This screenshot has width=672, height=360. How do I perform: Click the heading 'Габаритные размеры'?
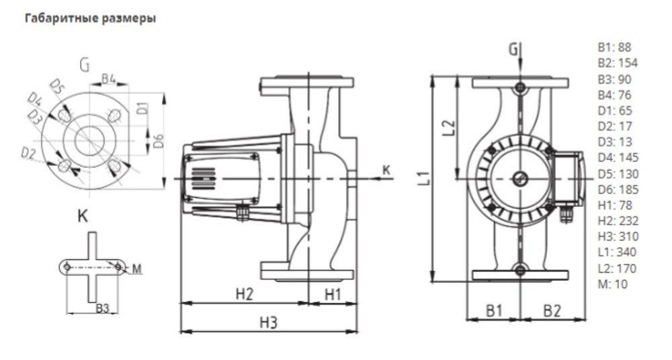point(91,19)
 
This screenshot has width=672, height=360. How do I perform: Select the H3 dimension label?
point(269,322)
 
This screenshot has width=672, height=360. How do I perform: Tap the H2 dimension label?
point(245,294)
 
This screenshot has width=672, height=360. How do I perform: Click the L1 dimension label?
point(423,179)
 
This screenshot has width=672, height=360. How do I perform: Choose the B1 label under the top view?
point(495,310)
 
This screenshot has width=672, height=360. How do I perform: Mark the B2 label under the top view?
point(552,310)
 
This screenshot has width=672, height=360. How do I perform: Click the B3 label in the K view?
point(102,308)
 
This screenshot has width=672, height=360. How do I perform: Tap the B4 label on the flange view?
point(110,79)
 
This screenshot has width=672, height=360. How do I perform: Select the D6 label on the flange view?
point(159,142)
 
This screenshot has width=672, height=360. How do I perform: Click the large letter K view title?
point(83,217)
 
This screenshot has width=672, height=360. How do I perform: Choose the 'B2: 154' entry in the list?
point(617,63)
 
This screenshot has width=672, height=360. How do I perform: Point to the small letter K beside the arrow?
point(386,171)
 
